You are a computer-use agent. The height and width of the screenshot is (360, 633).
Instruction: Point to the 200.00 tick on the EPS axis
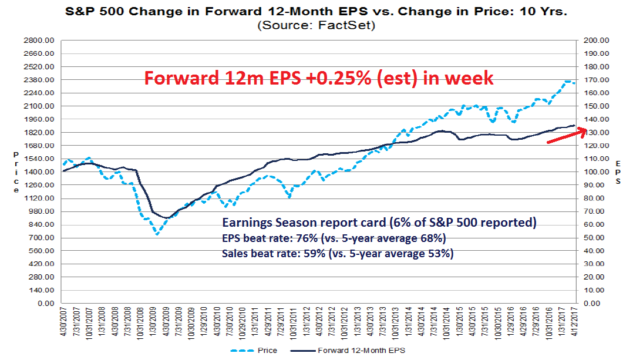coord(595,41)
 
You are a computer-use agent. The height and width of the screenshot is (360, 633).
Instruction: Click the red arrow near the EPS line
coord(566,136)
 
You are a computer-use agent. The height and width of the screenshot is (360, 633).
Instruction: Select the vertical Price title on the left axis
coord(16,171)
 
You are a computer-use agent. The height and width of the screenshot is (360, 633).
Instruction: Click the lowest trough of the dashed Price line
coord(157,234)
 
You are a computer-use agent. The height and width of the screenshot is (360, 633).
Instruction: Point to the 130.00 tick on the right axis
coord(595,133)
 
